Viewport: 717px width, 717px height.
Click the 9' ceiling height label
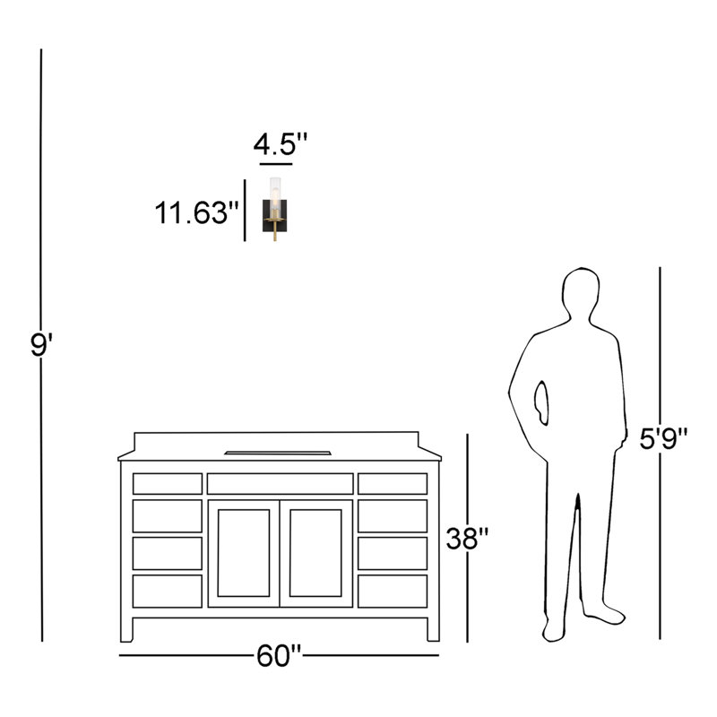click(41, 345)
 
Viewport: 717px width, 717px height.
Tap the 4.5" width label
click(281, 144)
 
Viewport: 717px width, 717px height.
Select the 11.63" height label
click(197, 212)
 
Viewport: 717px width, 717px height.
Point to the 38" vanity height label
click(467, 539)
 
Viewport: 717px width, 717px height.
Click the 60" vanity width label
click(279, 656)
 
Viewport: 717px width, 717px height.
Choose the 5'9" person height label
click(663, 439)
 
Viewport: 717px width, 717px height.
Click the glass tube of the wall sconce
click(275, 195)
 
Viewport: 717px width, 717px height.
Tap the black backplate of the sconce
click(275, 215)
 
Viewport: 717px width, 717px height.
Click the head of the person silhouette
click(581, 292)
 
